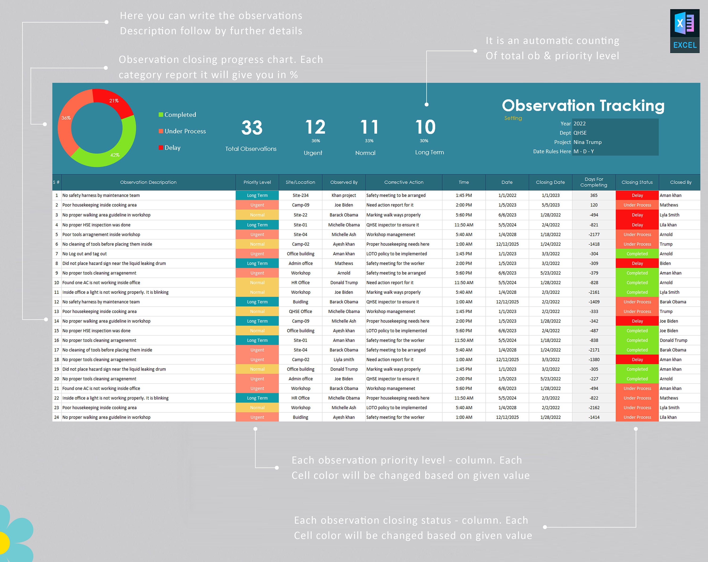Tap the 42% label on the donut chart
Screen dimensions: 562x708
[115, 155]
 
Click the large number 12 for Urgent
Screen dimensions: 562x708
[315, 127]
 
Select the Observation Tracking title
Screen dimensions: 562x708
[583, 106]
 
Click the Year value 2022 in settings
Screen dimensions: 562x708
[580, 124]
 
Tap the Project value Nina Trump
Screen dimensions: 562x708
[587, 142]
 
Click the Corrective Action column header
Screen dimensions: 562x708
[404, 182]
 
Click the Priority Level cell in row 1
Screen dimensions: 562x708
[257, 195]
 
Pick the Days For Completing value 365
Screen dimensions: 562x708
[594, 195]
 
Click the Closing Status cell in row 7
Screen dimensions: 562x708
[637, 254]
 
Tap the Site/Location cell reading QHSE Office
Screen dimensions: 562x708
[300, 311]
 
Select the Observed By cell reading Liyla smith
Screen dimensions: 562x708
[344, 360]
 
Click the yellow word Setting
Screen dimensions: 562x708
[513, 118]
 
